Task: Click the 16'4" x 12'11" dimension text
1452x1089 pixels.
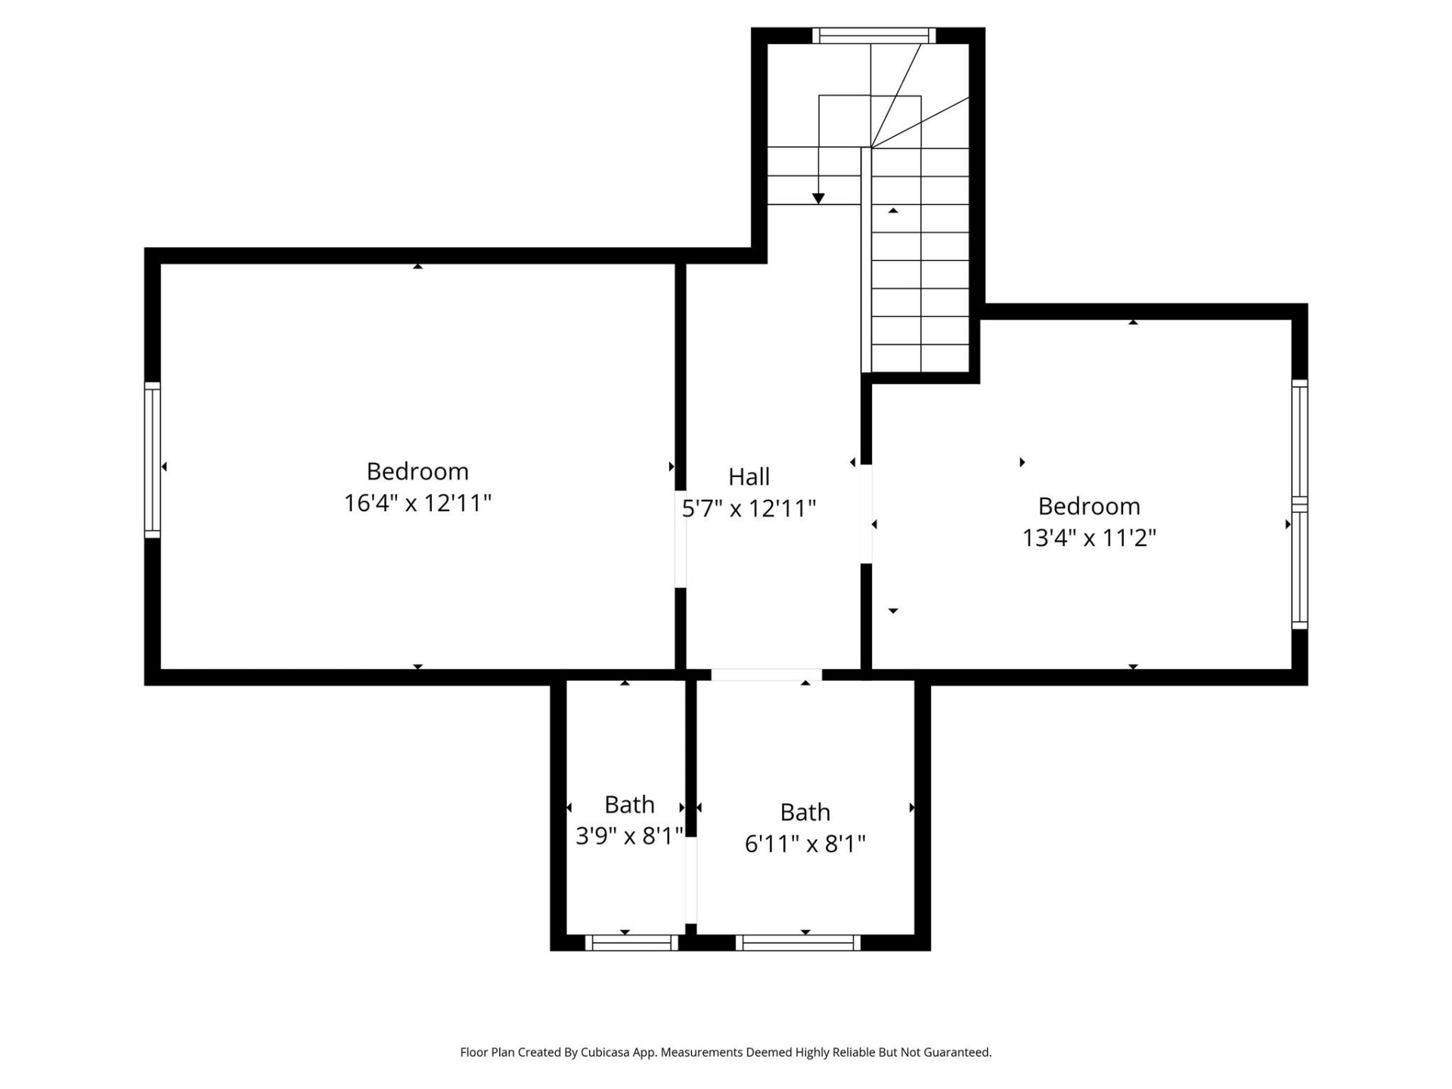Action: coord(417,503)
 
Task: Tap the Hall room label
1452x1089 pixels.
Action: coord(749,476)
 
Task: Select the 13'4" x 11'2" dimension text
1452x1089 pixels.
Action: coord(1089,538)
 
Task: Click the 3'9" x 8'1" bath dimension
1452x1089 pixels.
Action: coord(629,836)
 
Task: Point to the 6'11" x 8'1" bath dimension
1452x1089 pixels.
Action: coord(805,843)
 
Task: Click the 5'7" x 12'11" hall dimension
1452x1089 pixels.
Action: coord(749,508)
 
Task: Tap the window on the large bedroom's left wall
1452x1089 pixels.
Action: coord(153,460)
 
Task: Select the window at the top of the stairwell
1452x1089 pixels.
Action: coord(873,36)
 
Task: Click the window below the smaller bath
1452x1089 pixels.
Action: coord(631,942)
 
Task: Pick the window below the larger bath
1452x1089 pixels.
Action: coord(798,942)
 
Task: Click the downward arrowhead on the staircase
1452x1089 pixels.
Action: coord(818,198)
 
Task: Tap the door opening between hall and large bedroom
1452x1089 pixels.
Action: coord(680,538)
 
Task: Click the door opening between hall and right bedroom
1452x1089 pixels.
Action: coord(866,513)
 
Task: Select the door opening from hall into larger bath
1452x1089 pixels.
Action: coord(766,675)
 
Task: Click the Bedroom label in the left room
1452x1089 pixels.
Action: coord(417,471)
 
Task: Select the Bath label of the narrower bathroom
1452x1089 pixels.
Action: coord(629,804)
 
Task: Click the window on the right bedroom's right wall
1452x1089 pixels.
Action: coord(1299,504)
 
